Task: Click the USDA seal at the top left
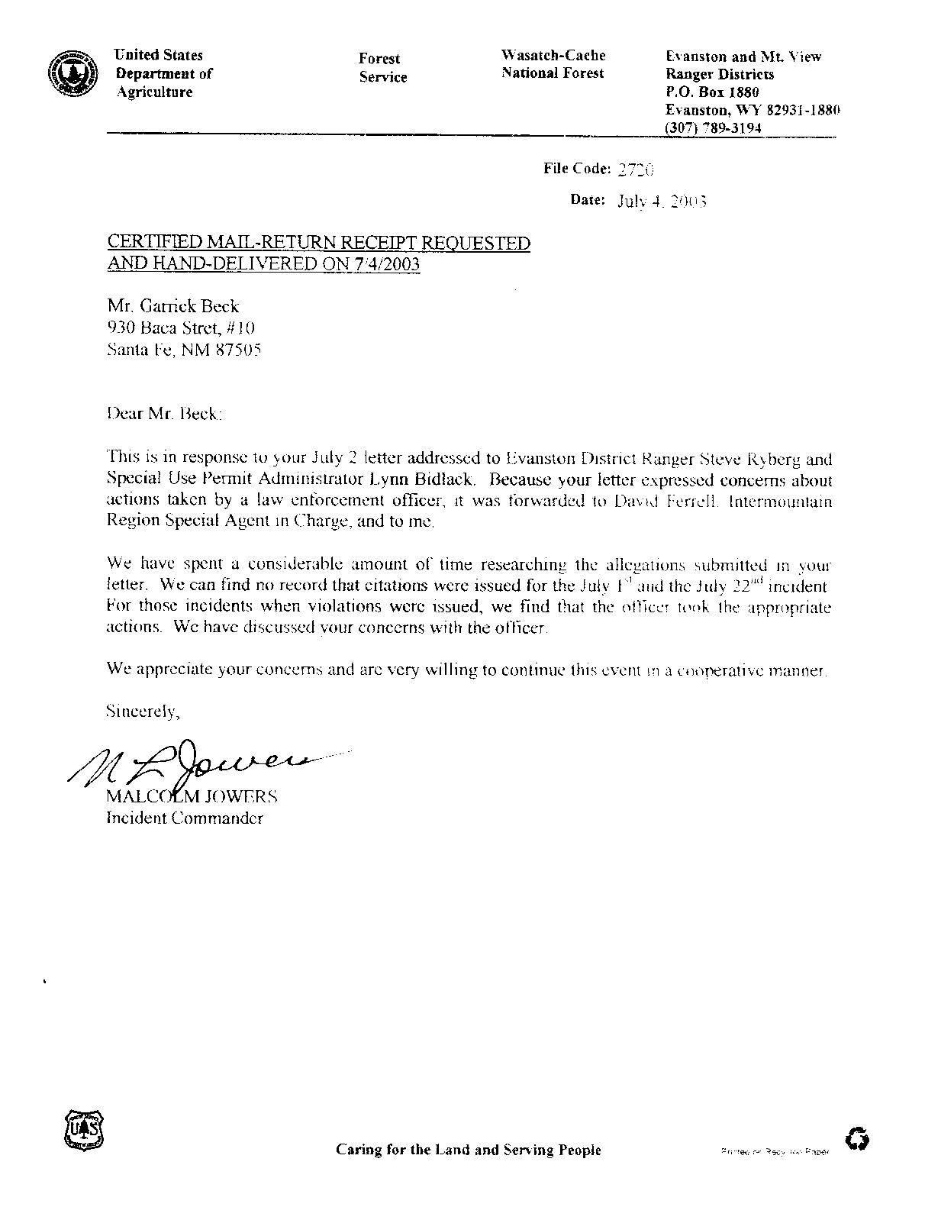[x=70, y=74]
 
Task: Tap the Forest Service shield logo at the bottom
[x=80, y=1130]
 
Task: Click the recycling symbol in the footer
[x=858, y=1140]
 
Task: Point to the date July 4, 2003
[x=661, y=202]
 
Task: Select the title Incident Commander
[x=185, y=818]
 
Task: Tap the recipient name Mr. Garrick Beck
[x=172, y=306]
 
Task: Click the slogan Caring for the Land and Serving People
[x=468, y=1150]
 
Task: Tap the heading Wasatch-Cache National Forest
[x=553, y=64]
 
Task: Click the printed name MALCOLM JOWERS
[x=192, y=797]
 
